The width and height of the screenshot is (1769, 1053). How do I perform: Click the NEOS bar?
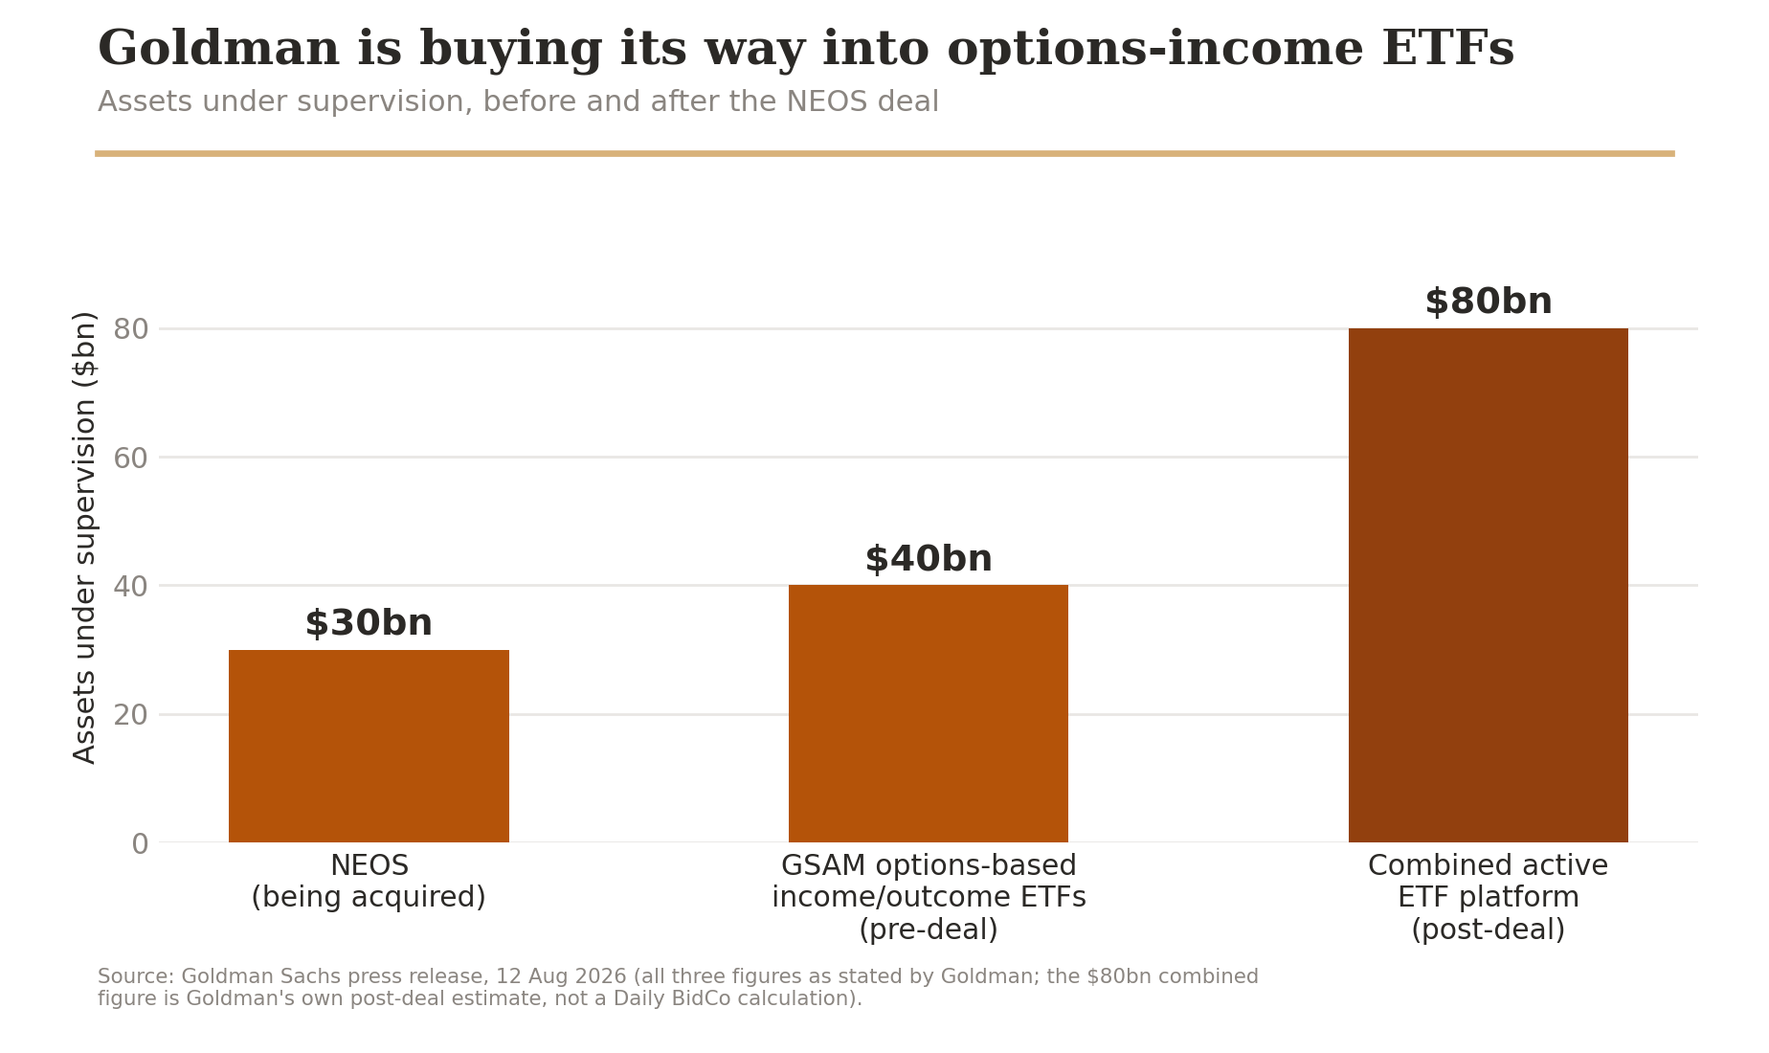369,746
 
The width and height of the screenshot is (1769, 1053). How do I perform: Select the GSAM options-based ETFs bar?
929,713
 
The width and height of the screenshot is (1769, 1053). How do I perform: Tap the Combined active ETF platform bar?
1488,585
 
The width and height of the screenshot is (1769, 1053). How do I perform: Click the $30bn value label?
369,624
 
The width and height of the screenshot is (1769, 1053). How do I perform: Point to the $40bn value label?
929,560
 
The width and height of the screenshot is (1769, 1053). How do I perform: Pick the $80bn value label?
1489,302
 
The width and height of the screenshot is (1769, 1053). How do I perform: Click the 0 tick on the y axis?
140,844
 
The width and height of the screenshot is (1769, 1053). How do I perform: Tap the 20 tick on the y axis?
131,715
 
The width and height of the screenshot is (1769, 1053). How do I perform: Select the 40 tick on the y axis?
131,587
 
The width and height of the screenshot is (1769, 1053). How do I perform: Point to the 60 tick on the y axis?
131,459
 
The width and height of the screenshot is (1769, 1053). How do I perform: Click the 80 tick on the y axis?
131,329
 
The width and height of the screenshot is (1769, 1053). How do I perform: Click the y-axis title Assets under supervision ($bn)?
85,537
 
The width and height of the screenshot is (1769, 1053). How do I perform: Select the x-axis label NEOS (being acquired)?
369,882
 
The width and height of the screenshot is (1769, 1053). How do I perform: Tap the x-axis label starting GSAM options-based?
929,898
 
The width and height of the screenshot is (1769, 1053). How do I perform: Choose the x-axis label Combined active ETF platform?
1488,898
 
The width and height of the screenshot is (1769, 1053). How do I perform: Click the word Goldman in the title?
218,50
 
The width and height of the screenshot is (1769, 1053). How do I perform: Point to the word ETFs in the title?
1447,50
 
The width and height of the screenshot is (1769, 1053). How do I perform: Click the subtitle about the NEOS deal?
518,101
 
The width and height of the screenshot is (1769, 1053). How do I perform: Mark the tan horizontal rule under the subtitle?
884,153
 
